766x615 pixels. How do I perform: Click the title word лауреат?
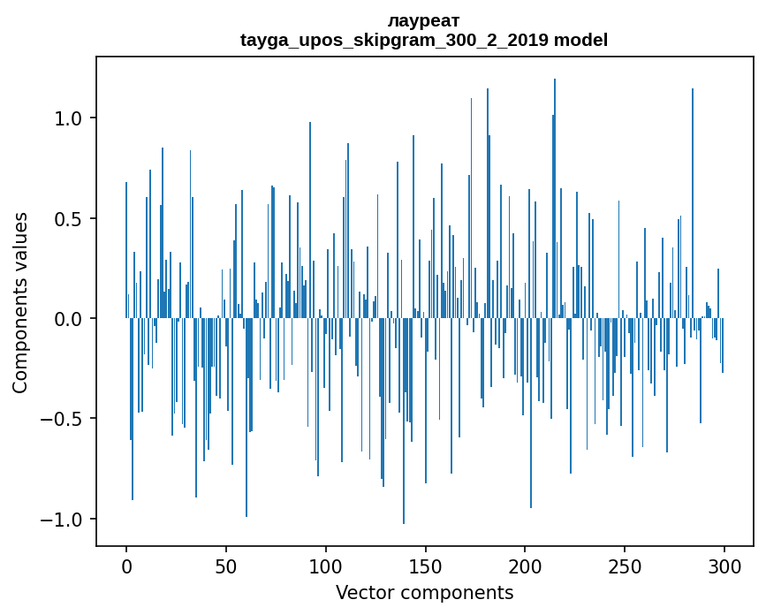coord(423,21)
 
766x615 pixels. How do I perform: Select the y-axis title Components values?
coord(20,302)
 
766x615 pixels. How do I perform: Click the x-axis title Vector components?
coord(424,593)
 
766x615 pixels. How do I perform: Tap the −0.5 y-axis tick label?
coord(64,419)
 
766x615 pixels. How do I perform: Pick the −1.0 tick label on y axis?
coord(64,519)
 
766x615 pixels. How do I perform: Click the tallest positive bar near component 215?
coord(555,199)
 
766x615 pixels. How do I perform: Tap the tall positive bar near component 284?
coord(693,203)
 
